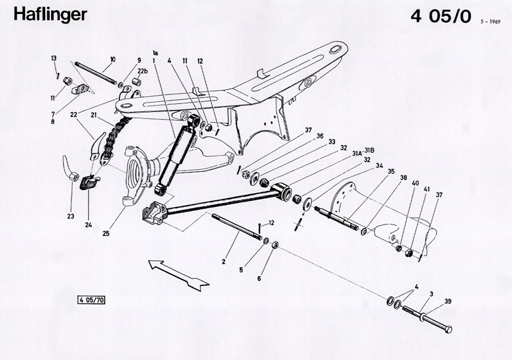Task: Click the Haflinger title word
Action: [50, 14]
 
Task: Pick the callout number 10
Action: [112, 59]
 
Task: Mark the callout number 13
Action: [55, 59]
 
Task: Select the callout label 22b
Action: [142, 71]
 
